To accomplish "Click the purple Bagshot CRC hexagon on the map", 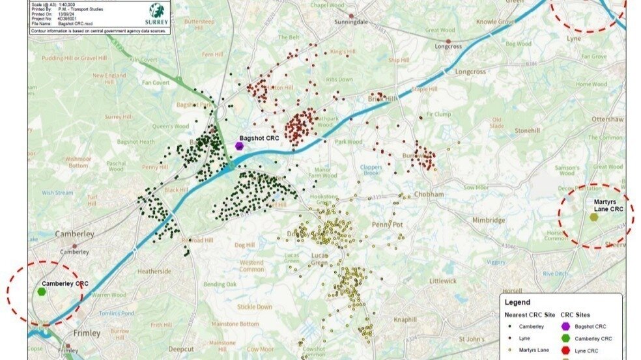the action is click(x=240, y=146).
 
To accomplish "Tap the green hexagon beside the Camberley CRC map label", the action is click(x=42, y=292).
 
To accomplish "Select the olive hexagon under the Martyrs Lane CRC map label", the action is click(x=594, y=218).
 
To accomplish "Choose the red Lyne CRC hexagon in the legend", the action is click(x=565, y=350).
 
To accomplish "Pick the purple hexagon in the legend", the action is click(x=565, y=326).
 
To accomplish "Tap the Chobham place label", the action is click(x=428, y=195).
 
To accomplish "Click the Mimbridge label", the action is click(x=489, y=220).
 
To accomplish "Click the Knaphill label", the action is click(x=405, y=320).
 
